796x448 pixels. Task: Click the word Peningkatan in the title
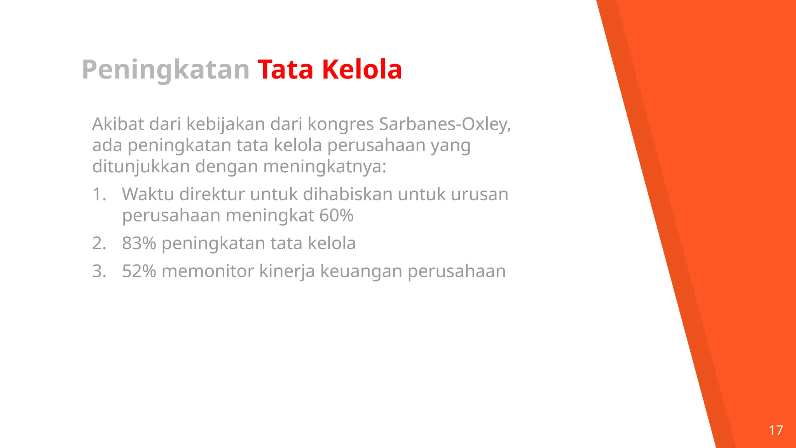click(x=165, y=70)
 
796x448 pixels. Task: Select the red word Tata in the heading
click(x=285, y=70)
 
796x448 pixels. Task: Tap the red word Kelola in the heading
click(x=362, y=70)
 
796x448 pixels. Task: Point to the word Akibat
click(x=117, y=124)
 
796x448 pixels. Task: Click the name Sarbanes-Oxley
click(x=445, y=124)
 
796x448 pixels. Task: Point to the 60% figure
click(x=336, y=215)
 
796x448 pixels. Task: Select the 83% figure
click(x=139, y=243)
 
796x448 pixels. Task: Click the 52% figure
click(x=139, y=271)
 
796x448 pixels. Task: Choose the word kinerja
click(x=286, y=272)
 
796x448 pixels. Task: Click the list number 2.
click(x=99, y=243)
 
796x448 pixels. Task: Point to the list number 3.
click(x=99, y=271)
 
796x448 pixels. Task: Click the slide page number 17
click(x=776, y=430)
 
